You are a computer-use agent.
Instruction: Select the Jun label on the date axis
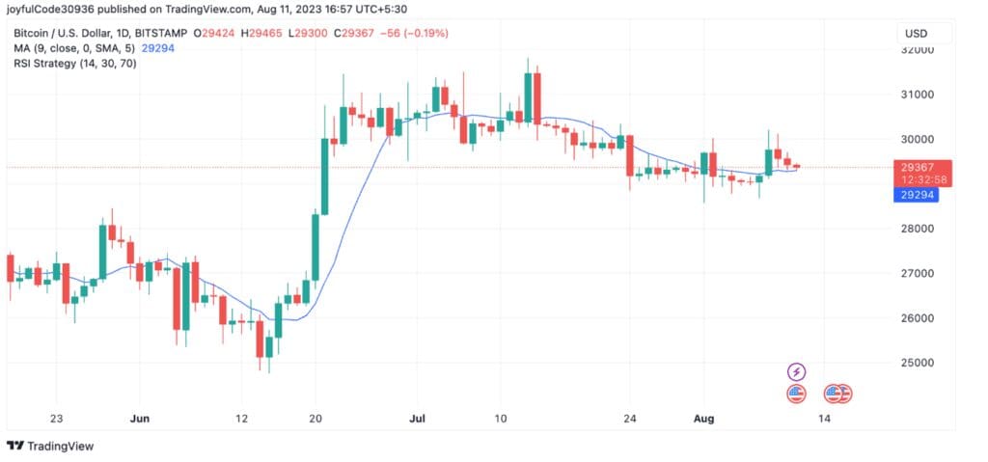140,419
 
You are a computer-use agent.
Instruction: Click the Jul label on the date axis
418,419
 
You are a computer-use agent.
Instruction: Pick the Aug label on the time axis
704,419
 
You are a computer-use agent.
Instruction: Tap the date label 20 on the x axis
316,419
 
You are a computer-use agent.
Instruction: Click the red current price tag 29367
926,166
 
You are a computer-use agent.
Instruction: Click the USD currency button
916,34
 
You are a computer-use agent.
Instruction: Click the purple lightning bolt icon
796,371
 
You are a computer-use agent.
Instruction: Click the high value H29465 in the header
261,34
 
